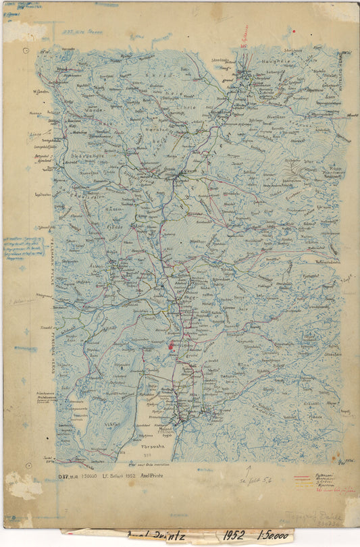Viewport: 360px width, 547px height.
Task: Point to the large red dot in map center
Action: tap(171, 346)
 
